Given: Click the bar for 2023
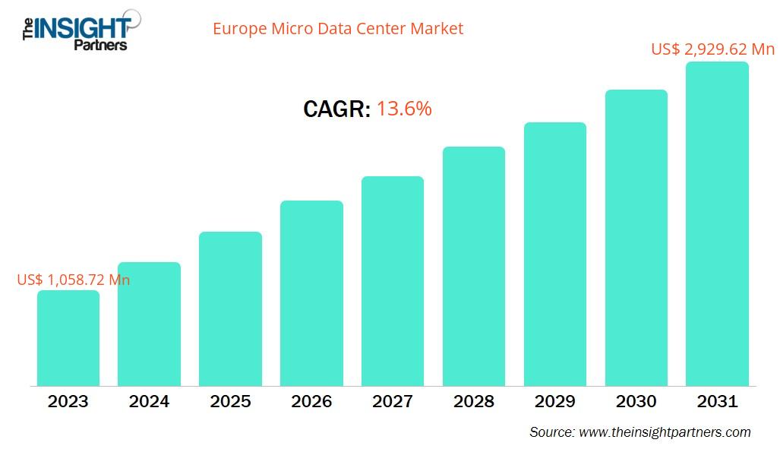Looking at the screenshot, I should pos(68,338).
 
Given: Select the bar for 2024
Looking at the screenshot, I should pos(150,324).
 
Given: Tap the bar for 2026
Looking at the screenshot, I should pos(311,293).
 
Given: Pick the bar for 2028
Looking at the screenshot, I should pos(474,266).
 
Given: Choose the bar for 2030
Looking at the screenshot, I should pos(636,238).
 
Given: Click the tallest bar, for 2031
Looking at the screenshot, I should pos(717,224).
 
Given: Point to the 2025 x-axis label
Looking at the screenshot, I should pos(230,401).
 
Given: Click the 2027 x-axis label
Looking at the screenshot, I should pos(393,401).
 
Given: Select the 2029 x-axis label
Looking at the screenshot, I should pos(554,401).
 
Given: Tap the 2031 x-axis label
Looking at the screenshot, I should pos(717,401).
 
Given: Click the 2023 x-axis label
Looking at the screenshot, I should pos(68,401).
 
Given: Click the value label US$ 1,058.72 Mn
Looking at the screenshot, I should pos(74,280).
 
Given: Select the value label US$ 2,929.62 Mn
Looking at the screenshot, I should pos(712,49).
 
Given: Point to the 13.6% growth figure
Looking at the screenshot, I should pos(404,109).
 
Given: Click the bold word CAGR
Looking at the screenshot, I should pos(336,109).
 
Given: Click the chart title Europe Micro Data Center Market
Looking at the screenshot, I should pos(337,29).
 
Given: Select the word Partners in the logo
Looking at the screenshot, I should pos(100,45).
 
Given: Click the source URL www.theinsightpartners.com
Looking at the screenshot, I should pos(665,432).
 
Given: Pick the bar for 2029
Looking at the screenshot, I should pos(554,254).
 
